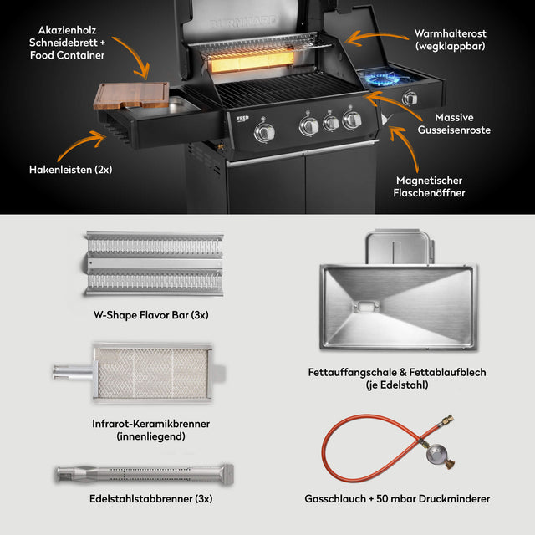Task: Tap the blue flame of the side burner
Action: coord(383,78)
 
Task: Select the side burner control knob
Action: coord(410,99)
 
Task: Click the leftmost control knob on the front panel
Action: coord(264,132)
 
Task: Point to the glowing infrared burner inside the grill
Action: coord(251,61)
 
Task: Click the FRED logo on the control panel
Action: coord(242,118)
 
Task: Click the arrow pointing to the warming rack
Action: coord(376,38)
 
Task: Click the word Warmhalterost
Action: coord(450,33)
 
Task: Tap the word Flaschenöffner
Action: coord(429,193)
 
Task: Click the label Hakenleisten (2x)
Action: coord(70,170)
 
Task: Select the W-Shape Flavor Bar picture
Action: coord(154,262)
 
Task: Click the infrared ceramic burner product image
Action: coord(140,372)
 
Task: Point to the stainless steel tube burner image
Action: coord(145,474)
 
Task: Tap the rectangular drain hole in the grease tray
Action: coord(365,306)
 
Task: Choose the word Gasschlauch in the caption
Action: coord(335,499)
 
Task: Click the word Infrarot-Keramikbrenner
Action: coord(150,424)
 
